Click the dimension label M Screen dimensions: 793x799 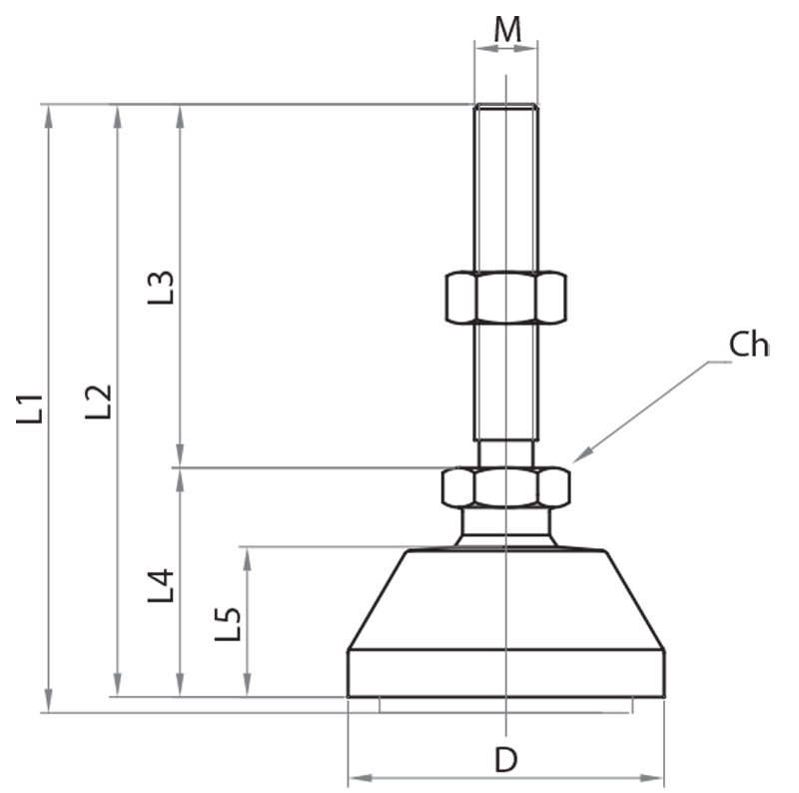507,29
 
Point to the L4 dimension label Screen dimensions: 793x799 161,585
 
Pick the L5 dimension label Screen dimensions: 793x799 229,624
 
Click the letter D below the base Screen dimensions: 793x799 506,760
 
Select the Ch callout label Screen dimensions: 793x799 748,345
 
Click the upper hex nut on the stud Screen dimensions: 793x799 505,298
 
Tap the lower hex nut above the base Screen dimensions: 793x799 505,486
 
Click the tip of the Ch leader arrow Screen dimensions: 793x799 574,460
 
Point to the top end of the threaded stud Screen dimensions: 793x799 506,108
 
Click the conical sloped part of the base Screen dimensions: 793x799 505,599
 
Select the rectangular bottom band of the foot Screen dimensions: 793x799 505,673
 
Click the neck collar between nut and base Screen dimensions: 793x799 505,524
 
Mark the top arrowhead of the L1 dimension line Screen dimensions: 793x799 47,112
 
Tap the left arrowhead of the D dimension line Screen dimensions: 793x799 356,777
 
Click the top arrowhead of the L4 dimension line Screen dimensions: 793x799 180,475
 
